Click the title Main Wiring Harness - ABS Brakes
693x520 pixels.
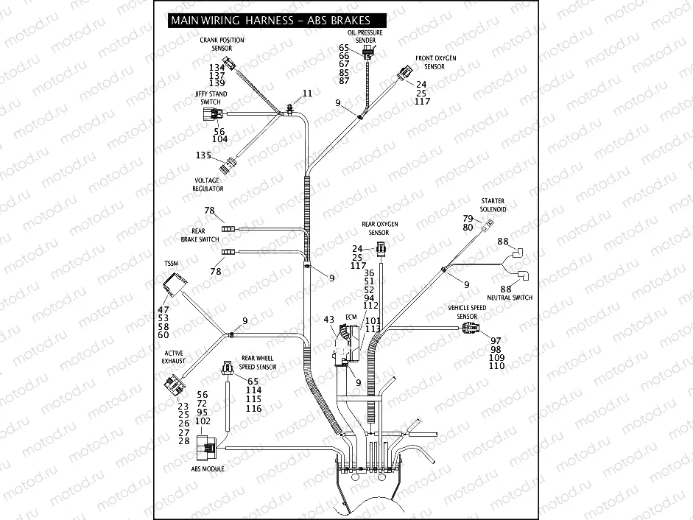point(270,21)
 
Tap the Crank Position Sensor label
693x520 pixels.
point(222,44)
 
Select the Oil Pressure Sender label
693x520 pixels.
point(365,37)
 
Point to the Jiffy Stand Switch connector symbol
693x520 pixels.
point(211,114)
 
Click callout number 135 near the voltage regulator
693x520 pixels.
point(203,155)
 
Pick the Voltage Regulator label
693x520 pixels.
point(208,184)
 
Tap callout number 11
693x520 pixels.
point(307,94)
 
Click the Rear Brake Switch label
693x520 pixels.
point(200,235)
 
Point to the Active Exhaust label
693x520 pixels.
point(174,357)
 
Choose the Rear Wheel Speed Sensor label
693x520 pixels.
point(258,362)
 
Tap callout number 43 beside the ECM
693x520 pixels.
point(329,320)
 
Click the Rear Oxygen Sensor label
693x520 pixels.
point(380,228)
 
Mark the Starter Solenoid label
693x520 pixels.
point(493,205)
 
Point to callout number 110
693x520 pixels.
point(497,366)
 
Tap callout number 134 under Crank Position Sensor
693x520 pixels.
point(217,68)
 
